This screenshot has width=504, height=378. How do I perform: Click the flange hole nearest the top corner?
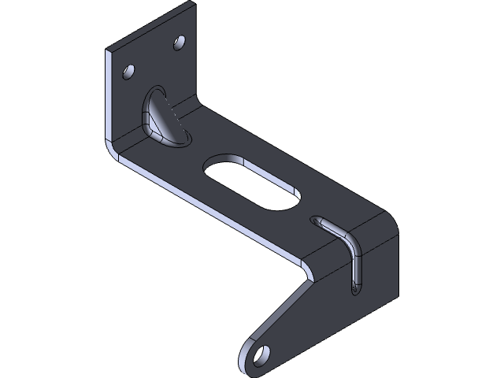pos(180,41)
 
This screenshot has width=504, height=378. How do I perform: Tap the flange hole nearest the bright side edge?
pos(127,73)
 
